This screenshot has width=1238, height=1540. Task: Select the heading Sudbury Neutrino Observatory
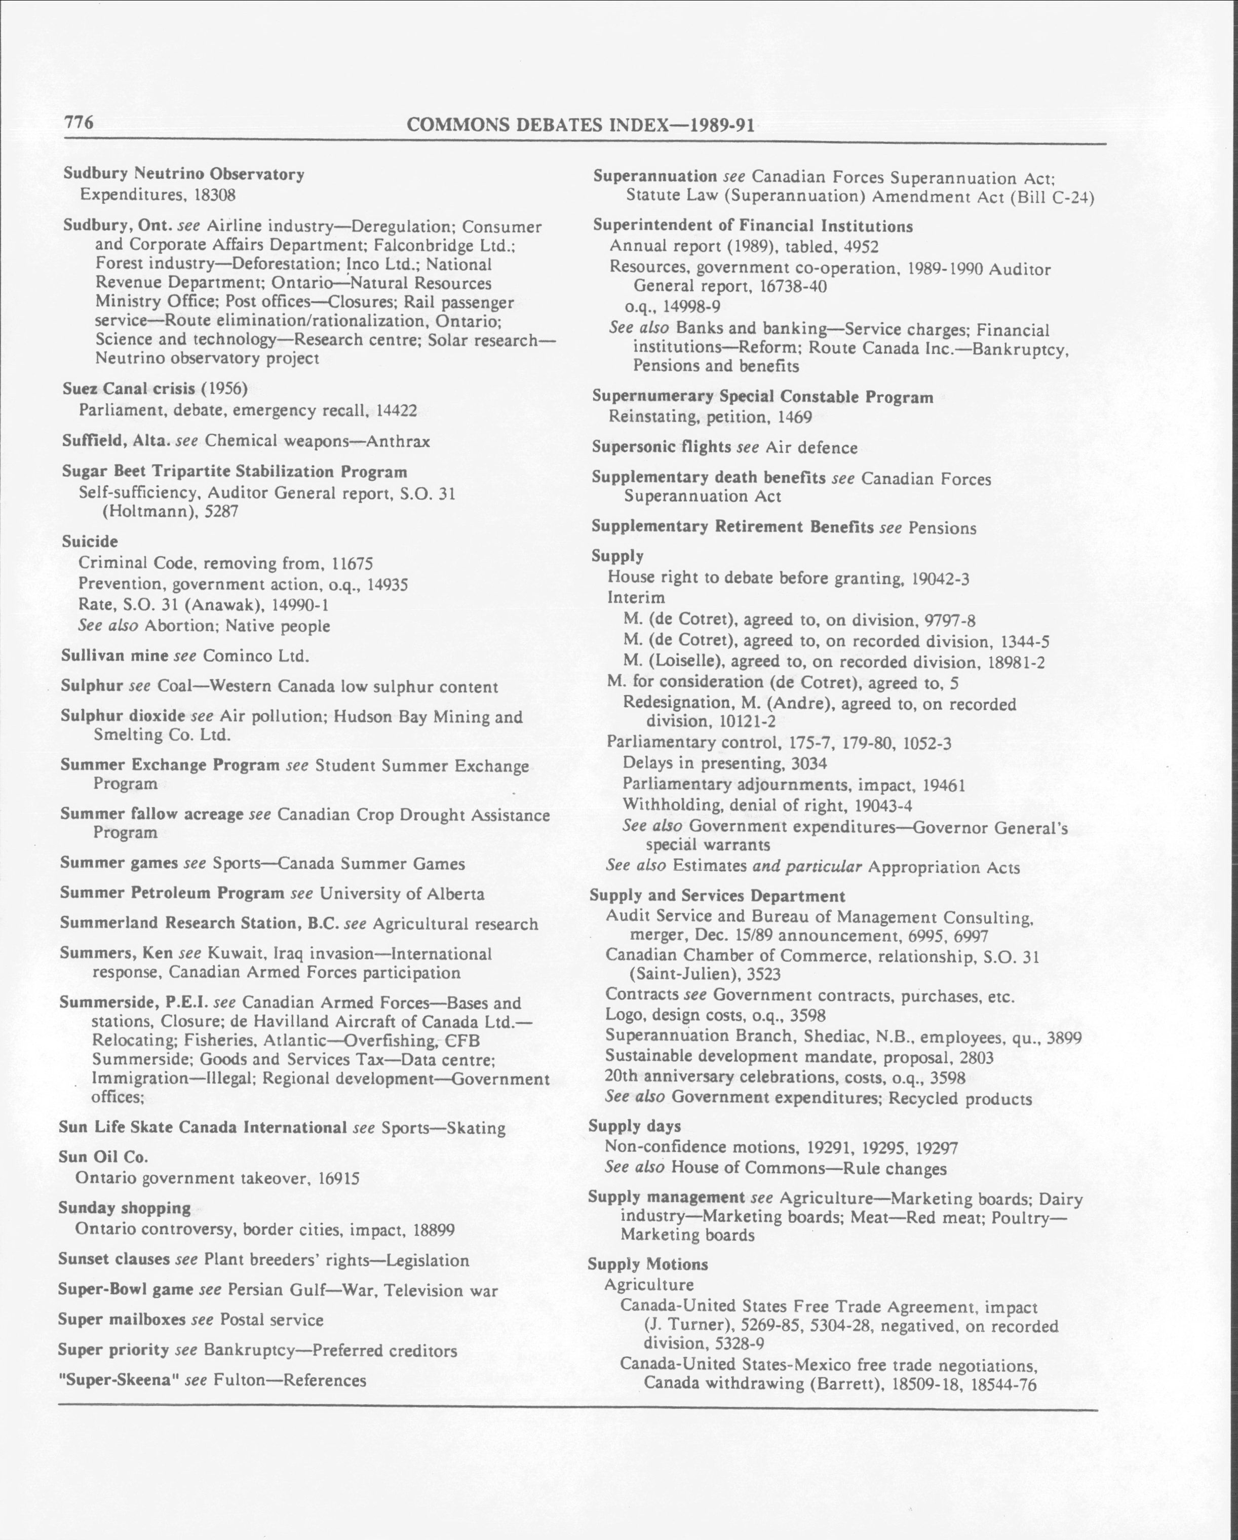[183, 174]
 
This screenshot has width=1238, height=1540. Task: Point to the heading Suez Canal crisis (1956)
[154, 389]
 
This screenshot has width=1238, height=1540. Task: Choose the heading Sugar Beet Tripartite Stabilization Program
[235, 472]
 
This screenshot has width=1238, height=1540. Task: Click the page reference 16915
[335, 1178]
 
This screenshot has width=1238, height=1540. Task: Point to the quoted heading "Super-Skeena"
[118, 1380]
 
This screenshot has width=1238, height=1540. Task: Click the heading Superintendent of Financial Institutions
[752, 226]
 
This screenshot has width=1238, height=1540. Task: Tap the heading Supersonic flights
[661, 447]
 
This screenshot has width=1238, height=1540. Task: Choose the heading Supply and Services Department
[717, 896]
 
